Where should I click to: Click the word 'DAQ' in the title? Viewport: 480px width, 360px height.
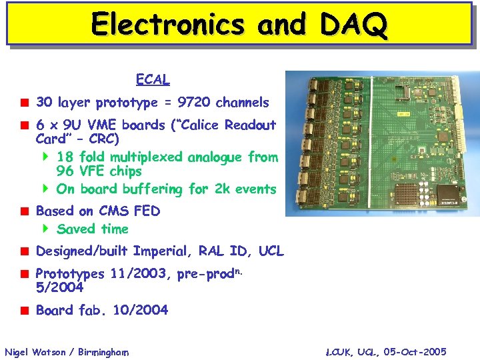click(x=353, y=25)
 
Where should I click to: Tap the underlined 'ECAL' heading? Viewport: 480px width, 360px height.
click(x=153, y=80)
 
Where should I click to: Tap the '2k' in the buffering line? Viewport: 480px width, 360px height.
click(x=223, y=189)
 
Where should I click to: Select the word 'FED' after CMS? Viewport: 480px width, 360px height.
click(x=147, y=211)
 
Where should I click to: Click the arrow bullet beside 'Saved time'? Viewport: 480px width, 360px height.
click(x=46, y=229)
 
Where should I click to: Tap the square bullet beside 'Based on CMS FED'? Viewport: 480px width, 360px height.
click(x=23, y=211)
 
